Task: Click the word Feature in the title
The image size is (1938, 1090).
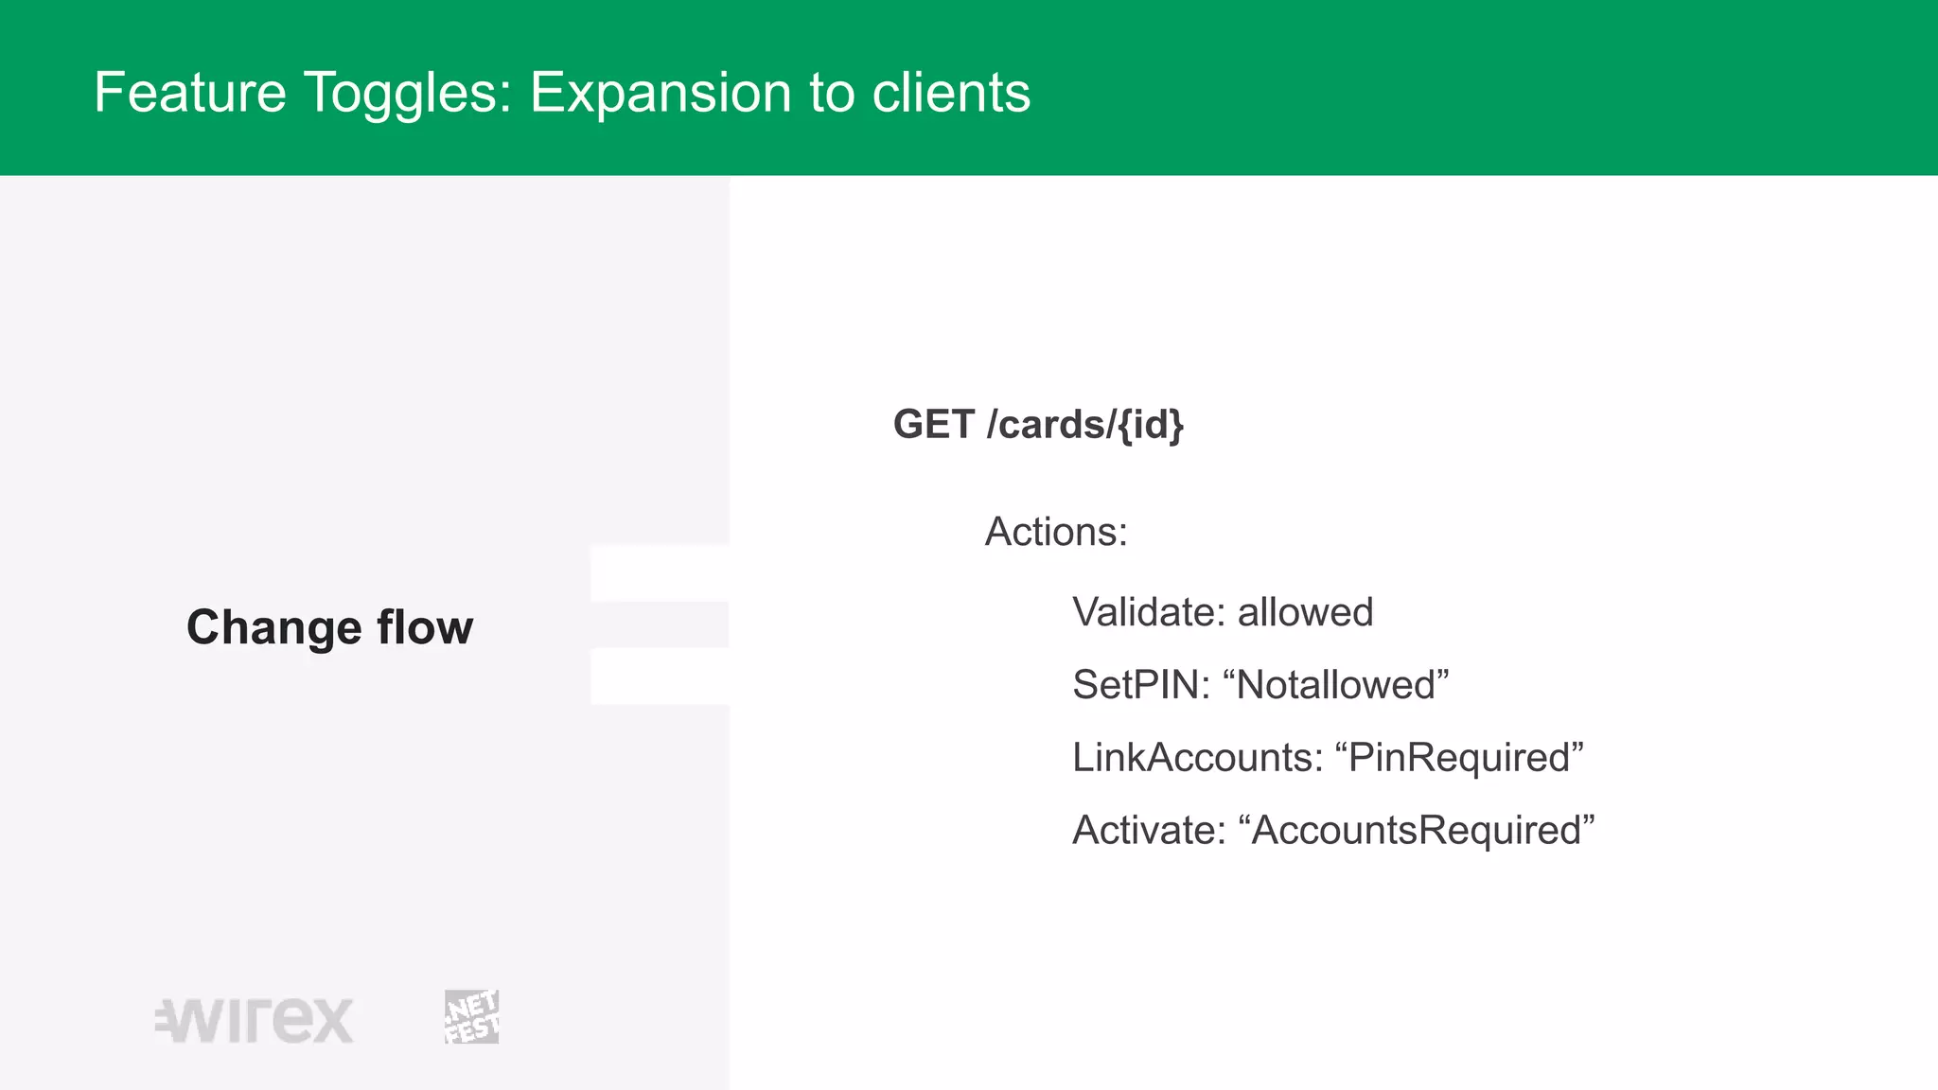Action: click(x=189, y=93)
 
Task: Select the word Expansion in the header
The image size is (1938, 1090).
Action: click(x=660, y=93)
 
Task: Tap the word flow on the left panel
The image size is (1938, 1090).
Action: click(x=425, y=627)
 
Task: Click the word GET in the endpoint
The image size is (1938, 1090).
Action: click(x=933, y=424)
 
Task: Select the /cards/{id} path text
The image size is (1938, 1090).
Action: click(x=1084, y=425)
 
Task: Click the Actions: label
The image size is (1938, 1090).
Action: click(x=1056, y=532)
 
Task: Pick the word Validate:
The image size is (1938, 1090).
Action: click(x=1148, y=612)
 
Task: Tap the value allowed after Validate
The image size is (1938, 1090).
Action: click(x=1305, y=612)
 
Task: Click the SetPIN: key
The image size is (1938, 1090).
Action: click(x=1140, y=685)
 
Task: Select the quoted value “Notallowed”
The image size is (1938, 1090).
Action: click(x=1335, y=685)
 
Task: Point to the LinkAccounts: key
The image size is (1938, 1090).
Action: click(x=1197, y=758)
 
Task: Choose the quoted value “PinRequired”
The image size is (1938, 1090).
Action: click(x=1458, y=758)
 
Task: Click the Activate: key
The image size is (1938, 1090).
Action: click(x=1148, y=831)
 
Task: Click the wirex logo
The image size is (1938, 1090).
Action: click(x=255, y=1020)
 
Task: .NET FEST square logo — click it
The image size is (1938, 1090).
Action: click(x=471, y=1017)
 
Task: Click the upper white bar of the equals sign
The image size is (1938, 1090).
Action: click(x=660, y=573)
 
